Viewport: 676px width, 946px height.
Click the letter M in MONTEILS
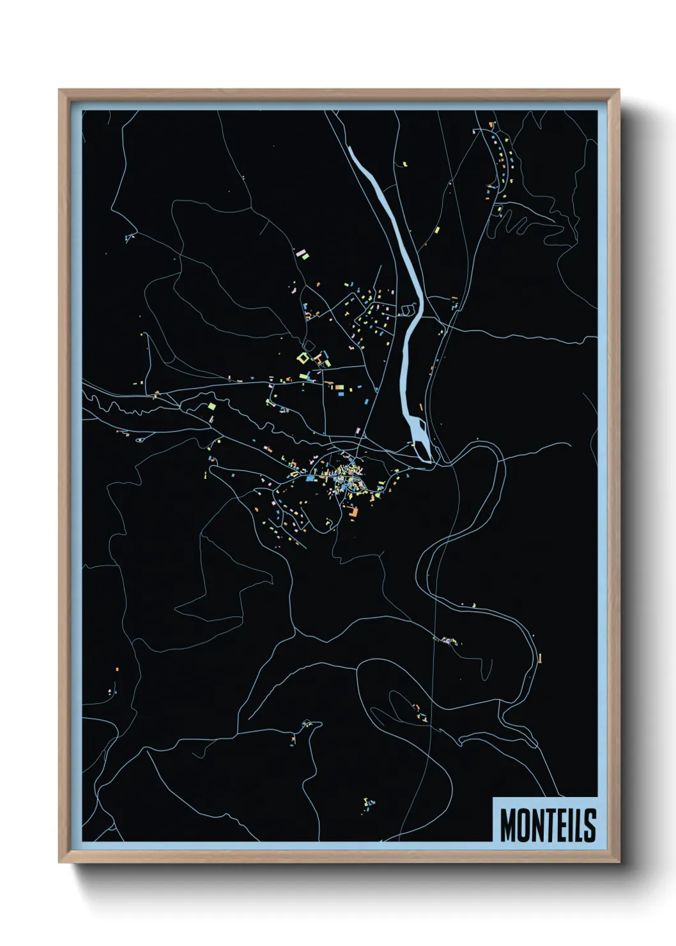(x=508, y=825)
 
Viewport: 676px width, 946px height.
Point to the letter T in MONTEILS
(x=551, y=825)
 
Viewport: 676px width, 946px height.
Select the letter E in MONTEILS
(x=564, y=825)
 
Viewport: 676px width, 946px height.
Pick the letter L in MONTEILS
(x=580, y=825)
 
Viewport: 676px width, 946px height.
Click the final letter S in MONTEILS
(x=590, y=825)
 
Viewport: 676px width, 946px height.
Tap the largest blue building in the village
(x=311, y=477)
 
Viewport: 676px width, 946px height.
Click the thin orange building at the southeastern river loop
(x=540, y=658)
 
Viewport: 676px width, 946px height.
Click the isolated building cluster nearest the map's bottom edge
(x=369, y=803)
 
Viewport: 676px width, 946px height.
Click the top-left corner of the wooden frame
(x=59, y=91)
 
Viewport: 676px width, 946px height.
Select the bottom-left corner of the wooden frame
(x=59, y=861)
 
